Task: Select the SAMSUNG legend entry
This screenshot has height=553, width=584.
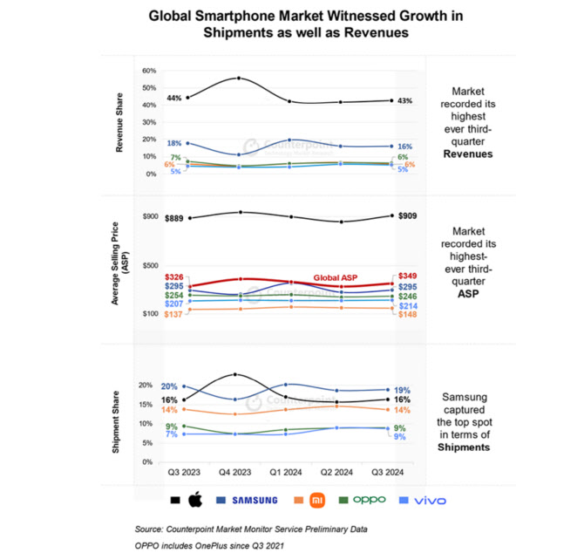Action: point(252,500)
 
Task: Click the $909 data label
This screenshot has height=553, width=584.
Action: point(409,215)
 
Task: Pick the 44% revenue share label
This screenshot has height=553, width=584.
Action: point(173,99)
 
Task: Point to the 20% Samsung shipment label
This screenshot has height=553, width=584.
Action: point(169,386)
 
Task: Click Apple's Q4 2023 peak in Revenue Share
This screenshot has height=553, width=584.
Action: point(237,79)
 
